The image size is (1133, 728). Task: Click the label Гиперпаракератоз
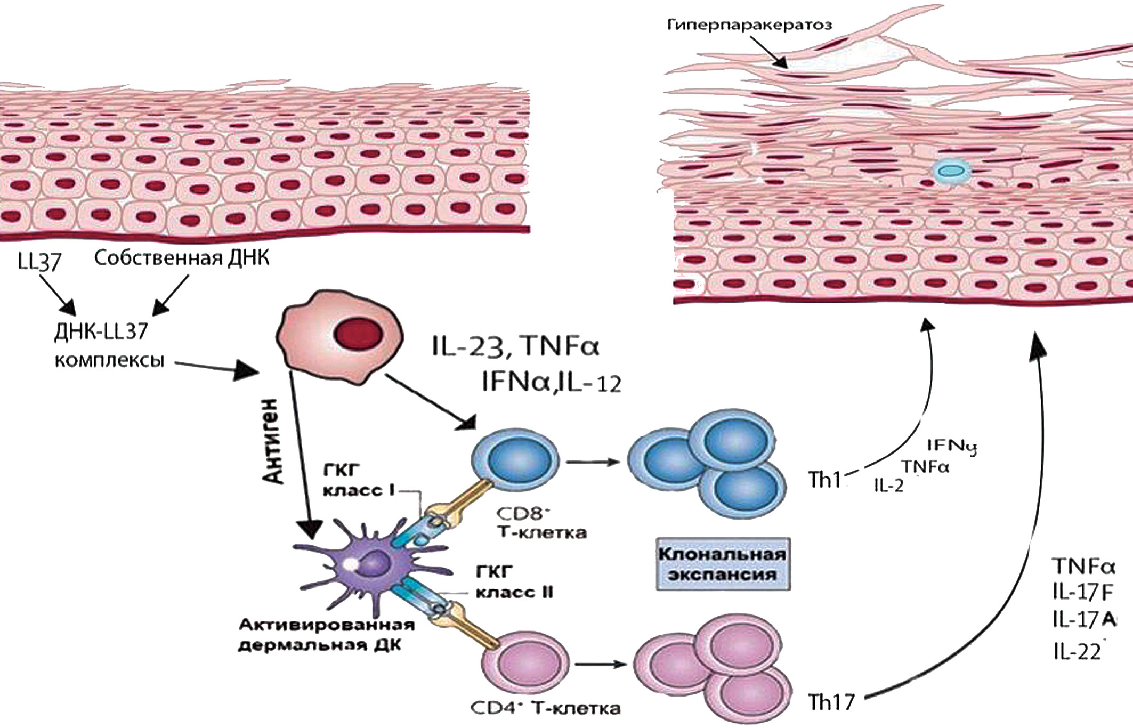click(x=749, y=25)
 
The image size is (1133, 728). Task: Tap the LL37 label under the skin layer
click(x=39, y=261)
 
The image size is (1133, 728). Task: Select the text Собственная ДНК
click(x=182, y=258)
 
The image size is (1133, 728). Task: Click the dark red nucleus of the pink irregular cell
click(x=358, y=335)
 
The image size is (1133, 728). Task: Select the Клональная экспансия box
click(x=722, y=564)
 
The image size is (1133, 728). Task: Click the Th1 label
click(x=824, y=480)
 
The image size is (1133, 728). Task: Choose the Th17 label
click(x=831, y=702)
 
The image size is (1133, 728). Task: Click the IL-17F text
click(x=1082, y=592)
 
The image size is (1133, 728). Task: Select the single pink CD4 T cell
click(x=524, y=664)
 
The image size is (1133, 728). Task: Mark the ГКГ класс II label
click(x=514, y=582)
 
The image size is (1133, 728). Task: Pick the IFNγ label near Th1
click(x=951, y=446)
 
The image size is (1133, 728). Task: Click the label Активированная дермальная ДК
click(x=326, y=635)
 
